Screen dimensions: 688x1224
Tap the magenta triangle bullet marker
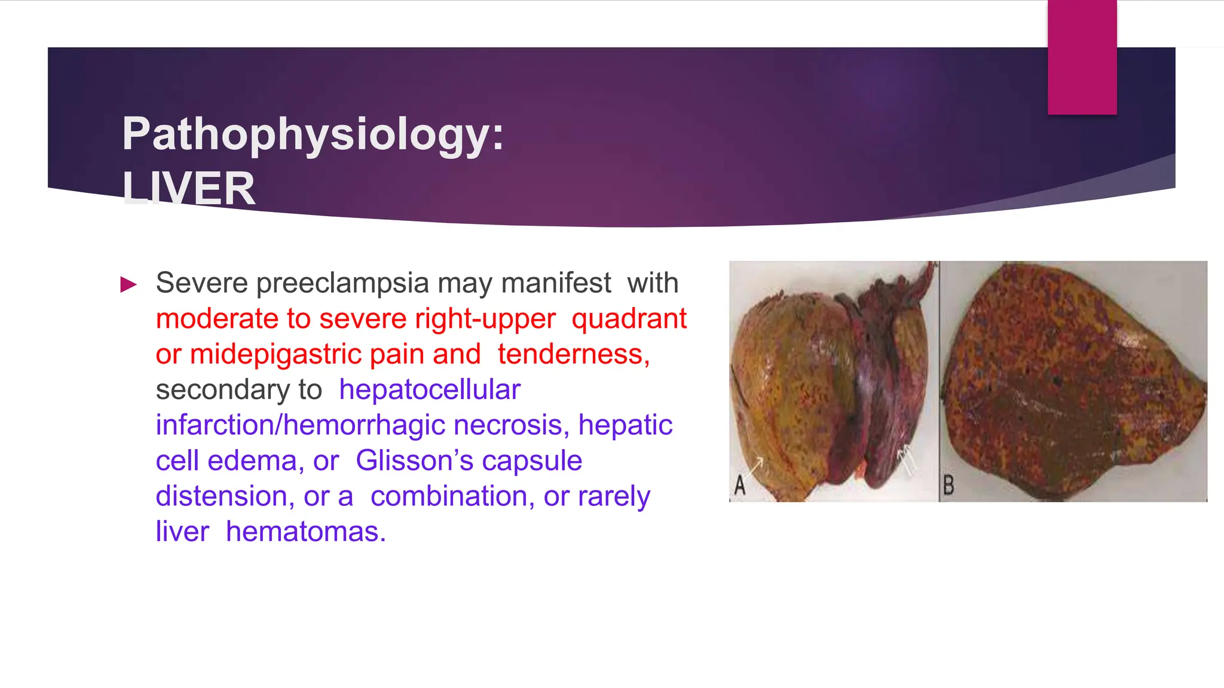[x=128, y=284]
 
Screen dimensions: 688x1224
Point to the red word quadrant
[x=629, y=319]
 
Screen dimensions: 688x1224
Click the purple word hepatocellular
[x=430, y=390]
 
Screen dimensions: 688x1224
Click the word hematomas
[x=305, y=532]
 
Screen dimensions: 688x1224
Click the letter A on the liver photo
[x=740, y=486]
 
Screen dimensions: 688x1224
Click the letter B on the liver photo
[x=948, y=485]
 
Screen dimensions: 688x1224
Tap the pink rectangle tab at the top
[x=1082, y=57]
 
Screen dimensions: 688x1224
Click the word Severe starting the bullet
[x=201, y=283]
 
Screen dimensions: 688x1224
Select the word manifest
[x=556, y=283]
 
